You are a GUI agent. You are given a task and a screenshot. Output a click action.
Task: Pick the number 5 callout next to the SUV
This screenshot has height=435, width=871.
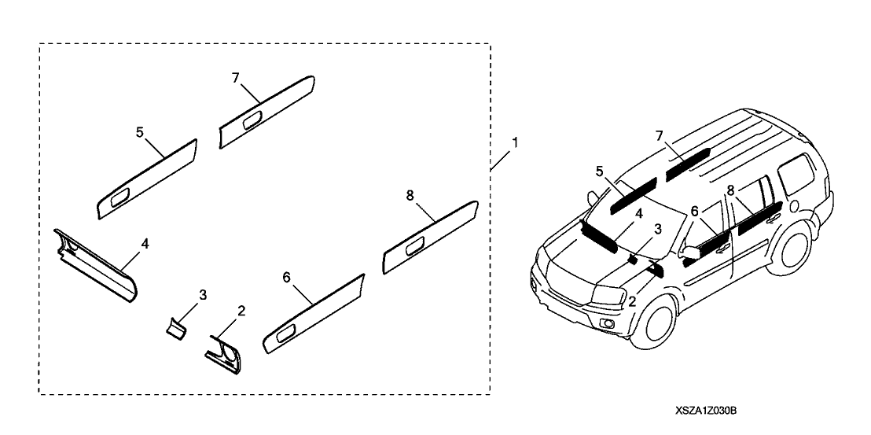pos(599,171)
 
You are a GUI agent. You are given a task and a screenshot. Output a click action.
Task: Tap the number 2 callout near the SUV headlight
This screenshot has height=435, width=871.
pos(632,301)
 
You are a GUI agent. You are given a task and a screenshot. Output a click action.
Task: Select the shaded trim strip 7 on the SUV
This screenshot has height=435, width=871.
pos(688,163)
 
